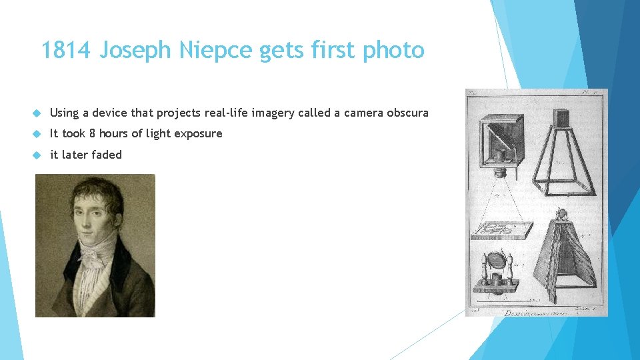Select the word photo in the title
pos(393,50)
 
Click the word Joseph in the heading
pos(137,51)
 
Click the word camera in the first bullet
pos(359,113)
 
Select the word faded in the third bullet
pos(107,155)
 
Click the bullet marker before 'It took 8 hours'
pos(39,134)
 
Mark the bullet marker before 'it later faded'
pos(39,155)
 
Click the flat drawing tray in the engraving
pos(501,231)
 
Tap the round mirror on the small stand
pos(496,261)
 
